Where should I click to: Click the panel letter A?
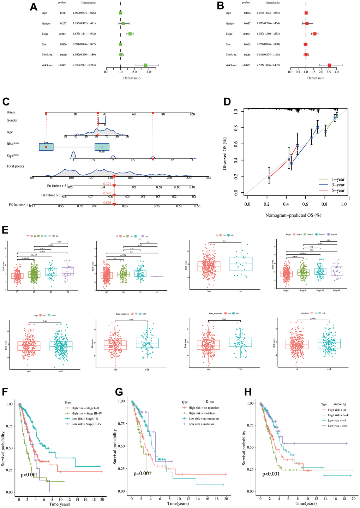pyautogui.click(x=34, y=7)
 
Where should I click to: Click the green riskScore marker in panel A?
pyautogui.click(x=146, y=65)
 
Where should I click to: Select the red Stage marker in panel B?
pyautogui.click(x=315, y=34)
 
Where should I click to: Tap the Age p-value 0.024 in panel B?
pyautogui.click(x=247, y=13)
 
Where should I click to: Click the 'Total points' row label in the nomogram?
pyautogui.click(x=15, y=166)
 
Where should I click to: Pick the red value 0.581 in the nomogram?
pyautogui.click(x=107, y=193)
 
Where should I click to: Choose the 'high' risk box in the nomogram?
pyautogui.click(x=102, y=147)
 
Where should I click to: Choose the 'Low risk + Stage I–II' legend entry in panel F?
pyautogui.click(x=86, y=419)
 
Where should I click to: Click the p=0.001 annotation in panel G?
pyautogui.click(x=143, y=473)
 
